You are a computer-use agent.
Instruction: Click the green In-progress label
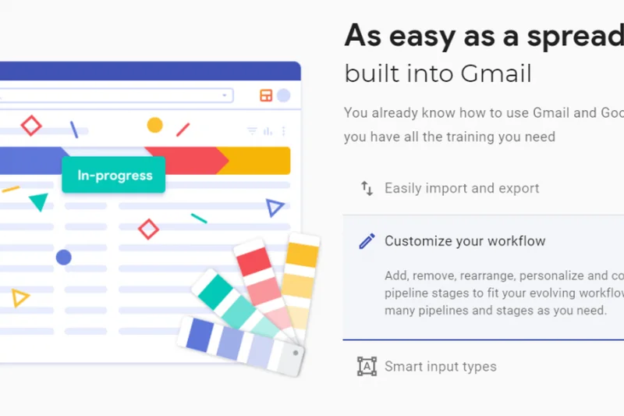[114, 176]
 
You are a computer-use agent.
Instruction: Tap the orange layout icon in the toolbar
[266, 95]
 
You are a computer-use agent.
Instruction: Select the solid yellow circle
[155, 125]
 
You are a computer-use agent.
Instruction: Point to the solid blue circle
[64, 257]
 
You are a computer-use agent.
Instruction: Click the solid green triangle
[38, 203]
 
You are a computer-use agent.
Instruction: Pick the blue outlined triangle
[274, 208]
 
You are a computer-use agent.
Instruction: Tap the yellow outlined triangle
[19, 297]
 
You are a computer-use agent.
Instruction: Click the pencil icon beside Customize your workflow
[367, 241]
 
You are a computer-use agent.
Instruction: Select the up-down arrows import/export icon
[367, 188]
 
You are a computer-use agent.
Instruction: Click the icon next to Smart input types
[367, 366]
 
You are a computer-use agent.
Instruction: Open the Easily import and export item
[462, 188]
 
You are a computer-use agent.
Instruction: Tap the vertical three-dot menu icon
[283, 131]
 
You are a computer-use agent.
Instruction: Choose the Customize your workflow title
[465, 241]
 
